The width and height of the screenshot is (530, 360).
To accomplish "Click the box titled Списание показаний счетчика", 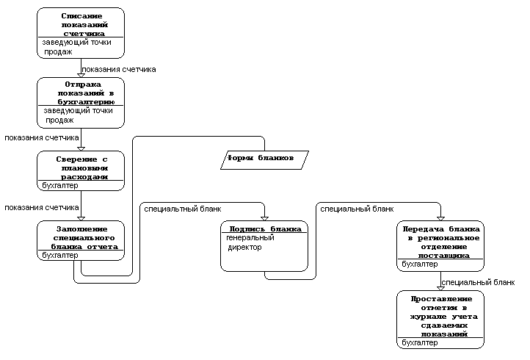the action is (x=81, y=33).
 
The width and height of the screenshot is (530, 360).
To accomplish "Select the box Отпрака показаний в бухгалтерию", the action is (x=81, y=103).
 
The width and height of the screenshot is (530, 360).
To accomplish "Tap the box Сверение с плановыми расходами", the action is (x=81, y=171).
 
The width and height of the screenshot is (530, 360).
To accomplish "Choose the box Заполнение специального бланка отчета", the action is (x=81, y=240).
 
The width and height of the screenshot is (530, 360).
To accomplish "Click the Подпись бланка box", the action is (x=264, y=246).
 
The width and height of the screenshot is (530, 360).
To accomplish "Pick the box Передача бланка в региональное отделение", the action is (x=440, y=246).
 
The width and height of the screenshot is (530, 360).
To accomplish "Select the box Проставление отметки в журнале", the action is (x=440, y=320).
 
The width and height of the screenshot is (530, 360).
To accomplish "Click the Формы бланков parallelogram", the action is (x=264, y=160).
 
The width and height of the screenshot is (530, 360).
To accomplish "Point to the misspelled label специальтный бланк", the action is (x=183, y=209).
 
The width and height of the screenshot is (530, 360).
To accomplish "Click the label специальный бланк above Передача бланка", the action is (x=357, y=209).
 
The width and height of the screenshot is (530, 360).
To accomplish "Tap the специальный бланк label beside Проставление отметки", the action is (x=478, y=282).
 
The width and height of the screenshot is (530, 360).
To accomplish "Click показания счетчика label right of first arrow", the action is (x=119, y=69).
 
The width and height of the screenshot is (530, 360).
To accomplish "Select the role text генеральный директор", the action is (x=250, y=242).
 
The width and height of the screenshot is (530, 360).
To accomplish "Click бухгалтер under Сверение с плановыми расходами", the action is (x=60, y=185).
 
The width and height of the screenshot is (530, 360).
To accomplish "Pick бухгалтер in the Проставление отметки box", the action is (x=420, y=343).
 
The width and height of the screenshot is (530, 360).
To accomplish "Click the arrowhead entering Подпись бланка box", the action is (x=264, y=219).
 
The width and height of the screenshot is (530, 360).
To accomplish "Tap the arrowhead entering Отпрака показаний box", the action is (x=81, y=76).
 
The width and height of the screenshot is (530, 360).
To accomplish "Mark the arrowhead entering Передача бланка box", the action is (x=440, y=219).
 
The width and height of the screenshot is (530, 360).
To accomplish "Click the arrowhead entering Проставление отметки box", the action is (x=440, y=289).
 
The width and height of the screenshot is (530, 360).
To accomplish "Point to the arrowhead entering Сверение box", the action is (x=81, y=149).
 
